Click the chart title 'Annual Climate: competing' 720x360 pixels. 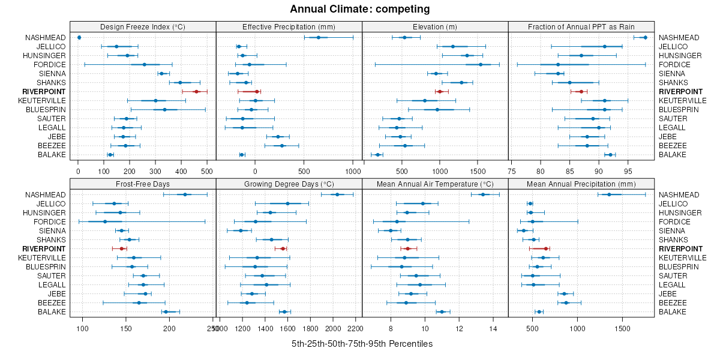click(360, 9)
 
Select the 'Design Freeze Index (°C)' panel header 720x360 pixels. click(143, 26)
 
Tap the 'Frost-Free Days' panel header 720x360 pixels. click(143, 183)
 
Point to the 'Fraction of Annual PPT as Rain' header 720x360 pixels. click(581, 26)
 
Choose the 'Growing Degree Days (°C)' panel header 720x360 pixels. click(289, 183)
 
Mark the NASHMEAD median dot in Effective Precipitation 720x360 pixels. click(319, 38)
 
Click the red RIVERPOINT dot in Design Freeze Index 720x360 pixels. click(196, 92)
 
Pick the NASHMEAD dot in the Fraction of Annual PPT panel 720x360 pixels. click(645, 38)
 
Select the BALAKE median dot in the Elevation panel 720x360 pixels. click(377, 155)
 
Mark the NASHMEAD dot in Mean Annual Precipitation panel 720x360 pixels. click(609, 194)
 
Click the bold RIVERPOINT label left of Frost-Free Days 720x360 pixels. click(44, 248)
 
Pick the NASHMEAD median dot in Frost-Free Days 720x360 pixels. click(185, 194)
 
